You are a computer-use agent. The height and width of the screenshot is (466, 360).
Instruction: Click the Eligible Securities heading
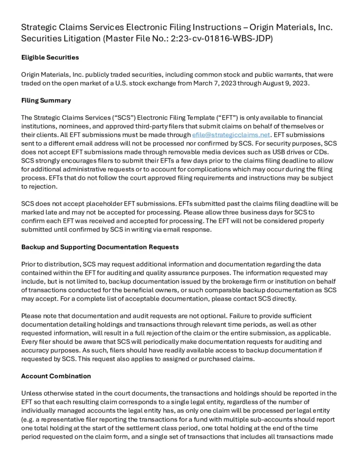coord(50,58)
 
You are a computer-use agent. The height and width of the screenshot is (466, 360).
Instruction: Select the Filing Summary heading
coord(46,101)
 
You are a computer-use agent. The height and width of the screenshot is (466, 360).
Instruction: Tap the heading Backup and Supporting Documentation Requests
coord(100,247)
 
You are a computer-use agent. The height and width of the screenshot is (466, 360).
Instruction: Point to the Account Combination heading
coord(56,376)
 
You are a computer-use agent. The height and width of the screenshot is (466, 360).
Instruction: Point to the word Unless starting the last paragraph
coord(32,393)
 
